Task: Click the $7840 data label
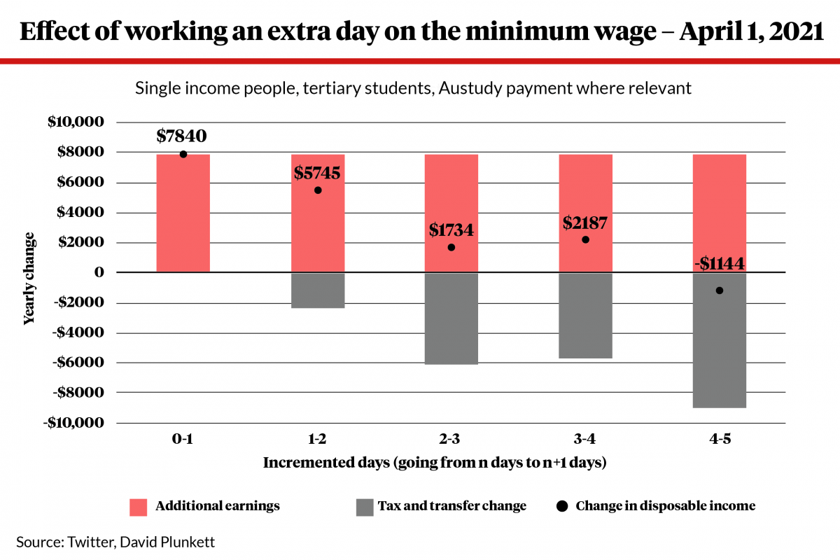(182, 136)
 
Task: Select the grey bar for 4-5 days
(719, 340)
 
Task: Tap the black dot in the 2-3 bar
(451, 247)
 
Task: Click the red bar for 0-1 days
(183, 213)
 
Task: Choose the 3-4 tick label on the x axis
(585, 440)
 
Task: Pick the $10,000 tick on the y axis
(76, 122)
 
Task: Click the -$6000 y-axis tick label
(76, 363)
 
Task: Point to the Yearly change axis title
(29, 278)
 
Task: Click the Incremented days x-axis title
(435, 463)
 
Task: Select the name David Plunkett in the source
(181, 541)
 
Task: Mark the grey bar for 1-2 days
(318, 290)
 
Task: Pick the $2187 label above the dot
(585, 223)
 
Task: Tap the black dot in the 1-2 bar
(318, 190)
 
